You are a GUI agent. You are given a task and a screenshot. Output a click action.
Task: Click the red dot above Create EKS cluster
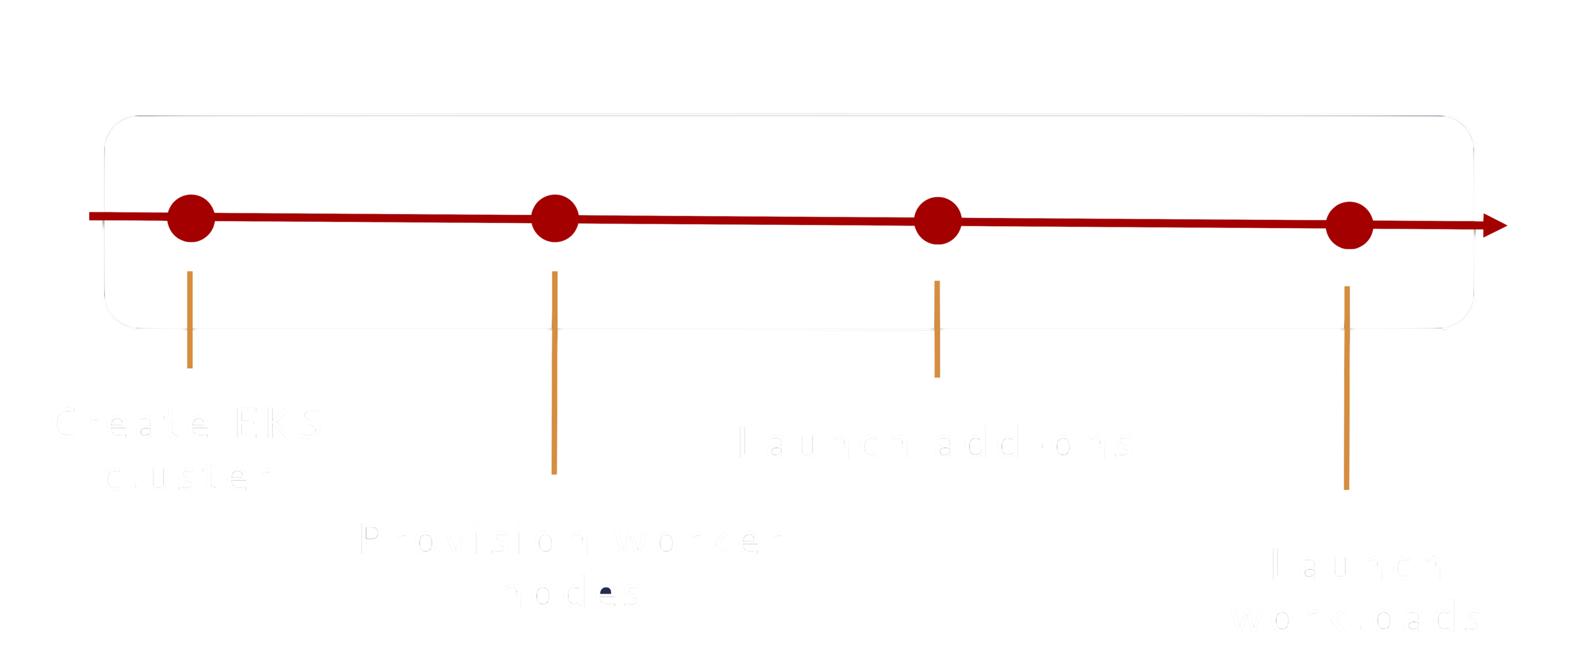tap(191, 218)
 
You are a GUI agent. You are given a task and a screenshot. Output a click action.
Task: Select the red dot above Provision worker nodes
tap(555, 218)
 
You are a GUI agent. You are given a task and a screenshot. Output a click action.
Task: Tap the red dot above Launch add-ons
tap(938, 221)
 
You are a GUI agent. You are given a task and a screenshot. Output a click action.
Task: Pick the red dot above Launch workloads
tap(1349, 225)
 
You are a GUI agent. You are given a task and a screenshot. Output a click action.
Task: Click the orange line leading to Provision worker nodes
tap(554, 373)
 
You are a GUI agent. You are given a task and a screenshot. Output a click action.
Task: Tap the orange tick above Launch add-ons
tap(937, 329)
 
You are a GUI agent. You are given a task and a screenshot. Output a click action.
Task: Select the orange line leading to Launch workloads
tap(1347, 388)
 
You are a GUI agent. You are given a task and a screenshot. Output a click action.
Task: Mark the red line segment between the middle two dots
tap(746, 220)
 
